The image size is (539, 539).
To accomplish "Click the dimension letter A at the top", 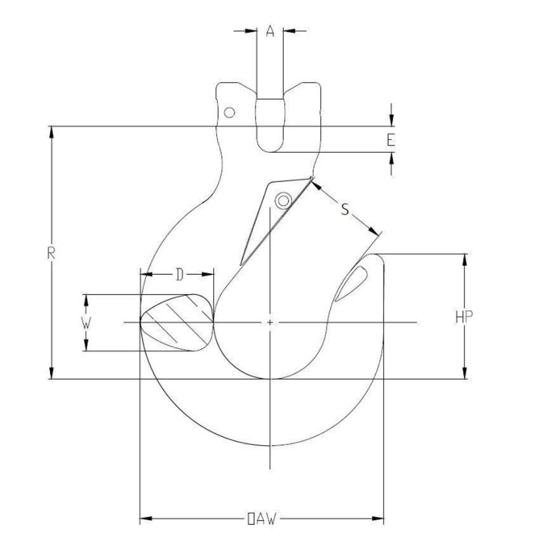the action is (270, 31).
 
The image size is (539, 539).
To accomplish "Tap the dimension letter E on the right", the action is (391, 140).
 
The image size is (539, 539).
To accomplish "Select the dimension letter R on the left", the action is (52, 253).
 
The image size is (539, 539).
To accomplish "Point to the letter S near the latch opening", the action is (345, 209).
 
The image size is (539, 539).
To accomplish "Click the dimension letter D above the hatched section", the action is (180, 275).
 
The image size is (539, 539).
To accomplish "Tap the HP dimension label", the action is (464, 317).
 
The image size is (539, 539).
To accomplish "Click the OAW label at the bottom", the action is (262, 519).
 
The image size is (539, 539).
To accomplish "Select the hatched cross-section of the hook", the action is (177, 323).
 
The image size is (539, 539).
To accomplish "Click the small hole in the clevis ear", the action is (229, 113).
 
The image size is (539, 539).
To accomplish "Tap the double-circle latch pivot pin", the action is (284, 200).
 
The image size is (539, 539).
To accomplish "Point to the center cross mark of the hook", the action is (270, 322).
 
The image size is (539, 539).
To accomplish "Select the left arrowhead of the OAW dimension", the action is (146, 519).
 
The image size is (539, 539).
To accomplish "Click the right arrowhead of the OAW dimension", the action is (377, 519).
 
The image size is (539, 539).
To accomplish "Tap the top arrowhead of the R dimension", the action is (52, 132).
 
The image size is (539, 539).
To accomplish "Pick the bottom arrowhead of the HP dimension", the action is (465, 373).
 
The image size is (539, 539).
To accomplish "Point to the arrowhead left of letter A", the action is (251, 31).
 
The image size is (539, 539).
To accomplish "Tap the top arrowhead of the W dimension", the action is (86, 301).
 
